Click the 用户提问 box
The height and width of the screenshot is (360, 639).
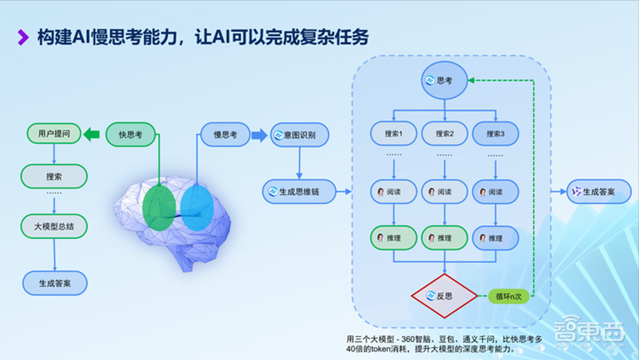(x=54, y=134)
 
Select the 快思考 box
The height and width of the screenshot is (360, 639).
(x=131, y=134)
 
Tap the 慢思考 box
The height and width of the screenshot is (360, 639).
(x=225, y=134)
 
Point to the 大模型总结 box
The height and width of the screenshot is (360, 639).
(x=54, y=226)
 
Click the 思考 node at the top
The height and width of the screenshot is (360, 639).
(x=444, y=81)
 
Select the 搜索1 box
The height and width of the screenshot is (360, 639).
(x=394, y=134)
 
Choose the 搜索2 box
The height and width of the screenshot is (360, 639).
(x=445, y=134)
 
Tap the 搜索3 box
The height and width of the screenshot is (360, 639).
(x=495, y=134)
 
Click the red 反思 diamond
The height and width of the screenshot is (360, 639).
(x=444, y=296)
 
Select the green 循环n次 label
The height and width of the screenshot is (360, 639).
(x=509, y=296)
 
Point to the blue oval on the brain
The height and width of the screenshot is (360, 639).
(x=196, y=208)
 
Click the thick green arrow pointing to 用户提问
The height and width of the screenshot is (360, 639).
(x=93, y=134)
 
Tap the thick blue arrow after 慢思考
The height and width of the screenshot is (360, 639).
(x=259, y=134)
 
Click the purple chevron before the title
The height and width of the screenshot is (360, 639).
(x=23, y=38)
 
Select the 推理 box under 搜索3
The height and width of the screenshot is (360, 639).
(x=495, y=238)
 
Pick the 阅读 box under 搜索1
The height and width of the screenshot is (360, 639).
(x=394, y=192)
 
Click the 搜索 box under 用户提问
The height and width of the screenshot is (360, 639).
(x=54, y=176)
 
